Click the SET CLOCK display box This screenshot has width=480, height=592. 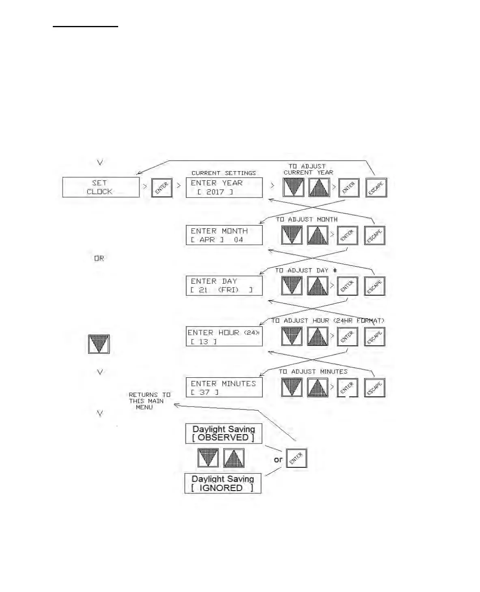(101, 187)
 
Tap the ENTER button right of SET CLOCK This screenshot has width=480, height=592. (162, 188)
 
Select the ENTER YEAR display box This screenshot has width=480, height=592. (224, 187)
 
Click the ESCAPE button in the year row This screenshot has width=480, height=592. (376, 188)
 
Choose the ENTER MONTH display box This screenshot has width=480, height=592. (224, 235)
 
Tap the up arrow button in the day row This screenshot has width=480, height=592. (318, 286)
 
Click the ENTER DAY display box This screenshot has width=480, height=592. (224, 286)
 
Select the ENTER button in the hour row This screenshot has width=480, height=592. (347, 336)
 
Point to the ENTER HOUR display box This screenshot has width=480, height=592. (224, 336)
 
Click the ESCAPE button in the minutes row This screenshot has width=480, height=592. (374, 387)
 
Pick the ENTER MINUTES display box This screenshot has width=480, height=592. (224, 387)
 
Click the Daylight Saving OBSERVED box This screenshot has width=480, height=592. (223, 433)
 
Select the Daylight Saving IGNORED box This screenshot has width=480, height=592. (223, 483)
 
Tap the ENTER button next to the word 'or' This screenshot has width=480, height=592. (296, 458)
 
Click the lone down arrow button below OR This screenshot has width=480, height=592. (99, 344)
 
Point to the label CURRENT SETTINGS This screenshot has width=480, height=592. (223, 173)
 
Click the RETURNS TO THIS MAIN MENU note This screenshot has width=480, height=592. (149, 401)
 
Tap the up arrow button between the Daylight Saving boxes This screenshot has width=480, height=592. (234, 458)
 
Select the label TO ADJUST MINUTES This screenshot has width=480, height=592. (313, 371)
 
